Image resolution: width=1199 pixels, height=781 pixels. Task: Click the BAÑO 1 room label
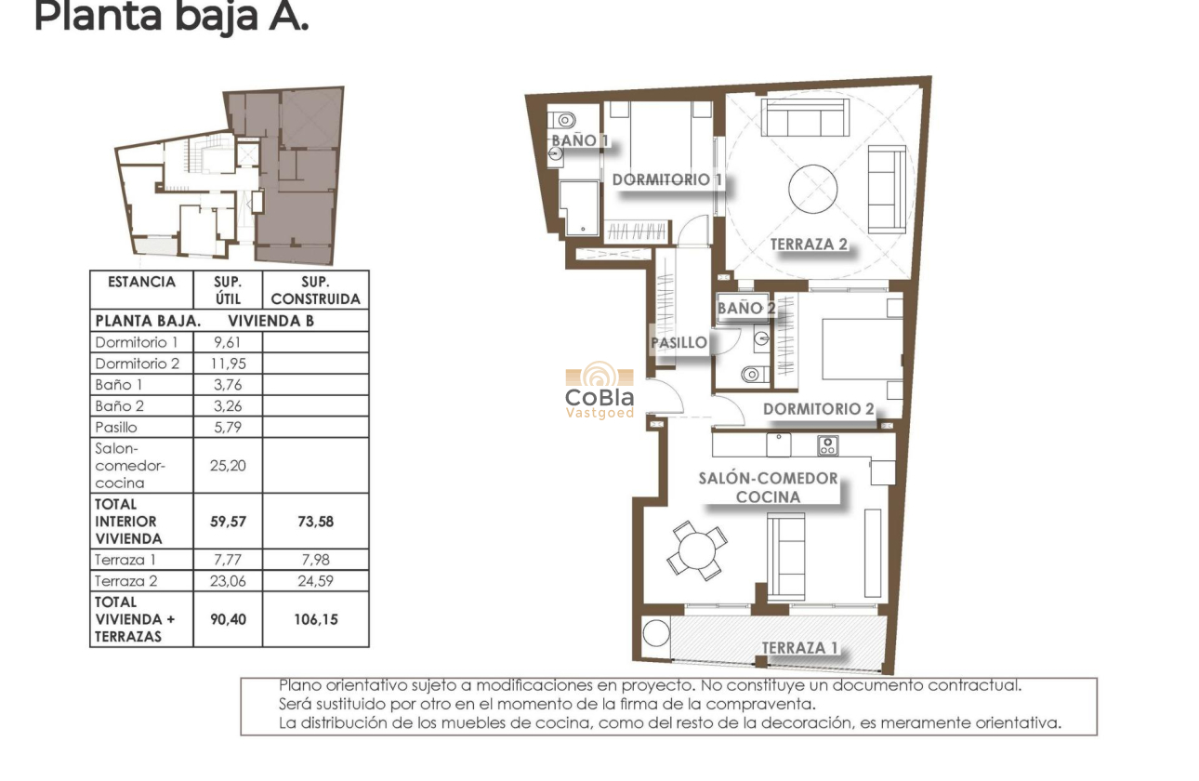coord(579,140)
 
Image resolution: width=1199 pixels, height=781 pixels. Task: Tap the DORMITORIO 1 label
coord(666,179)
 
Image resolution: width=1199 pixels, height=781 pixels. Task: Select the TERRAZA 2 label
coord(809,245)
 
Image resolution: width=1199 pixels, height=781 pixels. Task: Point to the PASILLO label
coord(679,342)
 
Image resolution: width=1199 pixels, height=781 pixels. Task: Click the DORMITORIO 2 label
coord(818,409)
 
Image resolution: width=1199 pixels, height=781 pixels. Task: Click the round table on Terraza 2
coord(813,189)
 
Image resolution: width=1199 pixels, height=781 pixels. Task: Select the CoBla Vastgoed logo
coord(599,390)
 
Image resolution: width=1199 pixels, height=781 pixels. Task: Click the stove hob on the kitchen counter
coord(827,445)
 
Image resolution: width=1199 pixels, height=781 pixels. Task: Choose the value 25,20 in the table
coord(228,465)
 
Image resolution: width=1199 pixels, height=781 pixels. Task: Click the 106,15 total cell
coord(315,618)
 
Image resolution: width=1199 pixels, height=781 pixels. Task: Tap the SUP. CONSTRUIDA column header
coord(315,290)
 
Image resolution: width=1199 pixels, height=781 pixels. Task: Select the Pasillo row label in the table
coord(116,428)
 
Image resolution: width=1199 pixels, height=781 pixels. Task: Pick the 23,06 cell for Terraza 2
coord(228,580)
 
